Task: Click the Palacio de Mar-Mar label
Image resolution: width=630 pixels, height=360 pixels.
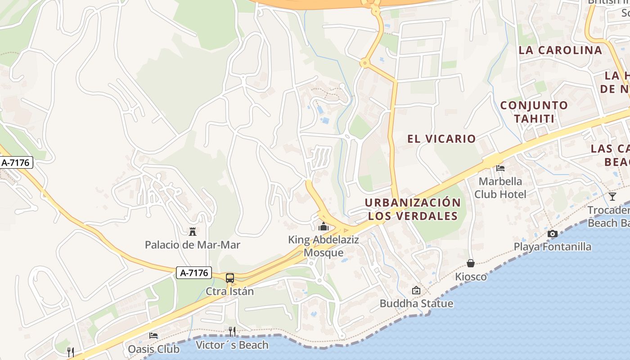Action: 192,245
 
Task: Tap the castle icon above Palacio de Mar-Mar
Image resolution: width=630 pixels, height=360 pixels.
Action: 193,232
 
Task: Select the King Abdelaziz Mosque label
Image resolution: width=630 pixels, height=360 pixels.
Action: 324,246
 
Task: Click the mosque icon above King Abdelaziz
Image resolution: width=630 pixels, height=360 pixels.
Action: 323,226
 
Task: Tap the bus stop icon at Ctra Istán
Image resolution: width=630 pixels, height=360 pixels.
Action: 230,278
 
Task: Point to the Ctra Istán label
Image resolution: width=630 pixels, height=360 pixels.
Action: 229,291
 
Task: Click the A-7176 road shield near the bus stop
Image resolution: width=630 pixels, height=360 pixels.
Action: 194,273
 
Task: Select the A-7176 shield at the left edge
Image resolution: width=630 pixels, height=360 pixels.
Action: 16,162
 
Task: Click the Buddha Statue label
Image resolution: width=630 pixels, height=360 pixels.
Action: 416,303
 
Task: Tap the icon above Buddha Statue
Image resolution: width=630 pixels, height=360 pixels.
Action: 416,290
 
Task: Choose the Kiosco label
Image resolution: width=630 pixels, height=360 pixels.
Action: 471,276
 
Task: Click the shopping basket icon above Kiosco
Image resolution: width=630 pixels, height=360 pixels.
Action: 471,263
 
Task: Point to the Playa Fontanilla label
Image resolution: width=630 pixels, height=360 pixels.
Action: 552,247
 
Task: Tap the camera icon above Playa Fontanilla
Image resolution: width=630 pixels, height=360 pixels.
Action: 552,234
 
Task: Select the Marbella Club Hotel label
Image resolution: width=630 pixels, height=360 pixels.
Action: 500,188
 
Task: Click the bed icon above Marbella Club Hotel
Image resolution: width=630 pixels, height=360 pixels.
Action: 500,168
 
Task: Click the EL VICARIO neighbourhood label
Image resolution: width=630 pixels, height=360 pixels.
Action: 441,139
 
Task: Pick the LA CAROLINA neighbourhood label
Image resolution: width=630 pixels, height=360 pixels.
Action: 560,50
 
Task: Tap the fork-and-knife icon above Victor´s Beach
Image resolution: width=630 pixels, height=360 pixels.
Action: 232,332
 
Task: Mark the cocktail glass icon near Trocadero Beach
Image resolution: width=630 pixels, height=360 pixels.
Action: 612,197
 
